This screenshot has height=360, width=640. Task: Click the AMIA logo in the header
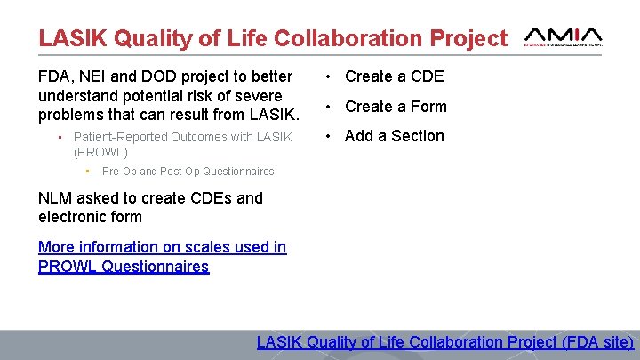tap(564, 36)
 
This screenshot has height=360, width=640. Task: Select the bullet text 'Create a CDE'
tap(394, 76)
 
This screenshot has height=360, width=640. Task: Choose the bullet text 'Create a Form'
tap(396, 107)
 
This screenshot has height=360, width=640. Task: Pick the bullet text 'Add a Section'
tap(394, 136)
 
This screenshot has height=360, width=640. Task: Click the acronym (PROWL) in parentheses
tap(100, 152)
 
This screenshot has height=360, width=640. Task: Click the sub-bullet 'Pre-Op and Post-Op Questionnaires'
tap(188, 171)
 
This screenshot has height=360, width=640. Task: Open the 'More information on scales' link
tap(162, 247)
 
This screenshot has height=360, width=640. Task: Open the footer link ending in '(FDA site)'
tap(445, 342)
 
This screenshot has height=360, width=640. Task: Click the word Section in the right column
tap(415, 136)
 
